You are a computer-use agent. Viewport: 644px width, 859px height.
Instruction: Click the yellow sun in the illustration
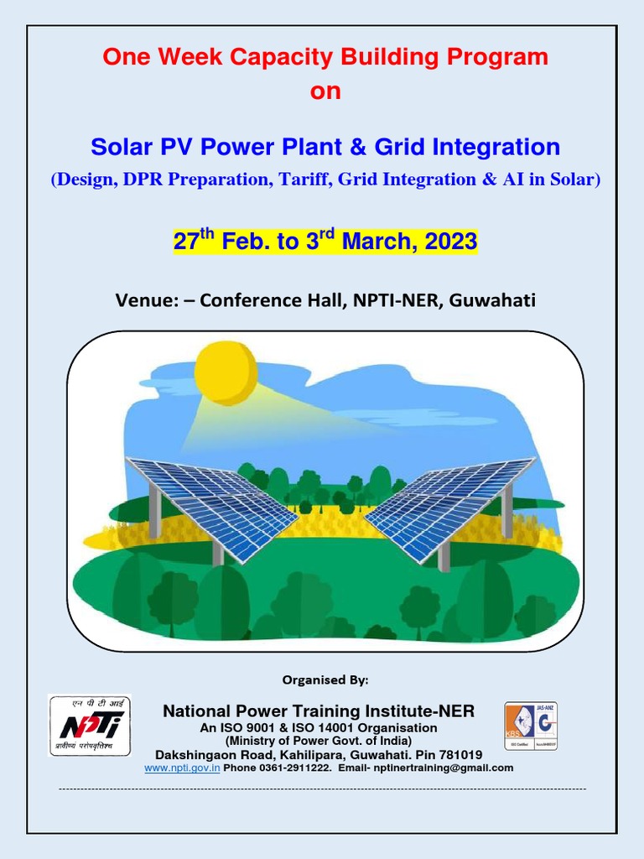[x=226, y=372]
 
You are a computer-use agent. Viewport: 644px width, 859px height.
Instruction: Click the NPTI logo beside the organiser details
[x=90, y=725]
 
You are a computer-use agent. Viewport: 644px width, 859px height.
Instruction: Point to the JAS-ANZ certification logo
[x=530, y=726]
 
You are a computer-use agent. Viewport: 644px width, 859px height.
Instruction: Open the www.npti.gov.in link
[x=182, y=768]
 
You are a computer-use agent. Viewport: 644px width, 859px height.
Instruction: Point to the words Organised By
[x=324, y=678]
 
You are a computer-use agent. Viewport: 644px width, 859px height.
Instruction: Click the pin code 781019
[x=460, y=754]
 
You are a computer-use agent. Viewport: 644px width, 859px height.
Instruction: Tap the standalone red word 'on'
[x=325, y=91]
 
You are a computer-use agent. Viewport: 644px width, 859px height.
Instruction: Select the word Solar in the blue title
[x=123, y=148]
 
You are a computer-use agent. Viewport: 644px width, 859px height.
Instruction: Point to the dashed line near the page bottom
[x=322, y=789]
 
